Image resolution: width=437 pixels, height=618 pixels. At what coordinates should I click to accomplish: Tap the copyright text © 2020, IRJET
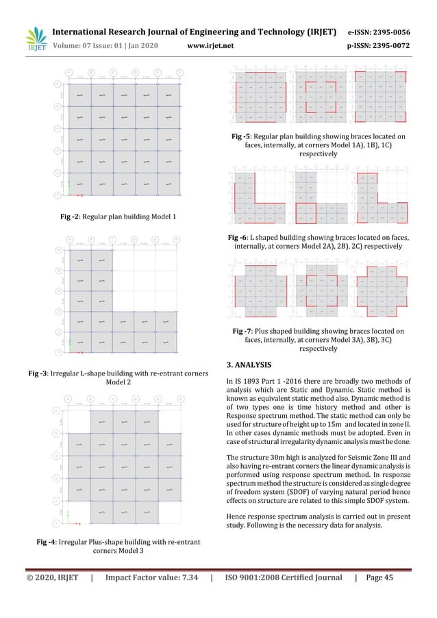pos(49,578)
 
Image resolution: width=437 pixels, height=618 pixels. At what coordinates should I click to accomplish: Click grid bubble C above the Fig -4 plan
pos(113,398)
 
